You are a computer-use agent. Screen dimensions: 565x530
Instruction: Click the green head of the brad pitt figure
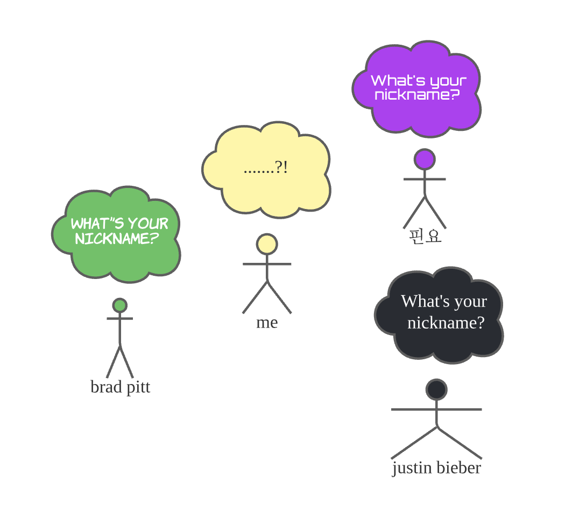(119, 305)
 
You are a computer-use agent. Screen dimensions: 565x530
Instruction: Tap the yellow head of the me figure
(267, 244)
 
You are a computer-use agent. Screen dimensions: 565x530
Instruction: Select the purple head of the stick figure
(425, 159)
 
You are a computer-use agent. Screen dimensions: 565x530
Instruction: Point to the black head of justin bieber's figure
(436, 389)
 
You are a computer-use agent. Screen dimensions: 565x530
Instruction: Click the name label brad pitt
(120, 387)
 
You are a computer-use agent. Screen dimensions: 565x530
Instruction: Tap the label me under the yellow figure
(267, 322)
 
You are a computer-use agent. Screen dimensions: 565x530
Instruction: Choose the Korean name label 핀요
(425, 236)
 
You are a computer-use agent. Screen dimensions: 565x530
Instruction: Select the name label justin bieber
(436, 468)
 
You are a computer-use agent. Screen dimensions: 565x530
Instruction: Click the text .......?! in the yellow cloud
(266, 168)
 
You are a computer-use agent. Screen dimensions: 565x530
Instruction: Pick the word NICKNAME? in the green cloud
(117, 238)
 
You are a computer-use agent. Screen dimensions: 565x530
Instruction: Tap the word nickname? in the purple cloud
(417, 95)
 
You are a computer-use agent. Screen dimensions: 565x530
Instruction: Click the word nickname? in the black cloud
(446, 323)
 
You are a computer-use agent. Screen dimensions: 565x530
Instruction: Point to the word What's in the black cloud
(422, 301)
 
